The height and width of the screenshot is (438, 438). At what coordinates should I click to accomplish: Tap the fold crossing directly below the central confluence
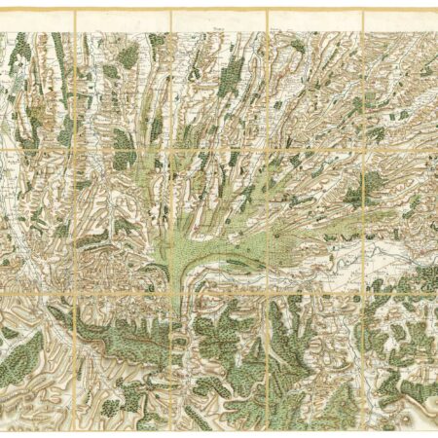tap(171, 291)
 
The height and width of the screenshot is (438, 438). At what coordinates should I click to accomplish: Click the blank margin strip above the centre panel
tap(219, 21)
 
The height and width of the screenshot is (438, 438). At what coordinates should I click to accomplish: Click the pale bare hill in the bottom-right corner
tap(409, 409)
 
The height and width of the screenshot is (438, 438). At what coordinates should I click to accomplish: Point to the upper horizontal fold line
tap(219, 148)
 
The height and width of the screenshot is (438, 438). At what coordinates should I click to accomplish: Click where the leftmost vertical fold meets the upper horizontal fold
tap(76, 148)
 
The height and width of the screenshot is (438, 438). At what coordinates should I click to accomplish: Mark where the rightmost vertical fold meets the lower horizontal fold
tap(362, 291)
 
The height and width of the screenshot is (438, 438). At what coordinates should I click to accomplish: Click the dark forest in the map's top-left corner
tap(18, 58)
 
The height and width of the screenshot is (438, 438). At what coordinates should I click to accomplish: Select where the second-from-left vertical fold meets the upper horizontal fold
tap(171, 148)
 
